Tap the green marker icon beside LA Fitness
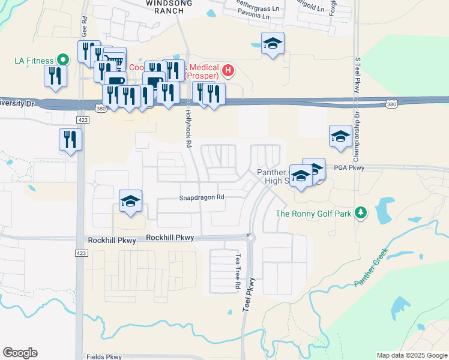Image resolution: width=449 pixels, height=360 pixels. click(62, 60)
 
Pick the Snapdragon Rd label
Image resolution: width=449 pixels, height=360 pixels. click(202, 197)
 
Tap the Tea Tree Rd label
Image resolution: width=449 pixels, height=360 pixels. click(237, 271)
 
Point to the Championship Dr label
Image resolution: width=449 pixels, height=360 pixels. click(356, 128)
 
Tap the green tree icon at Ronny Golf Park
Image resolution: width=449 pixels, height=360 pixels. click(360, 213)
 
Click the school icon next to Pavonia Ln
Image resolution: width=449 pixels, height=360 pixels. click(273, 43)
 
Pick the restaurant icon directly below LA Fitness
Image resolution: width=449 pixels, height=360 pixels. click(55, 76)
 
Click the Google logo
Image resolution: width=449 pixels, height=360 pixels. click(20, 353)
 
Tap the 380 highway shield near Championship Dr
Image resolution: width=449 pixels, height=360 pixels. click(391, 104)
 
